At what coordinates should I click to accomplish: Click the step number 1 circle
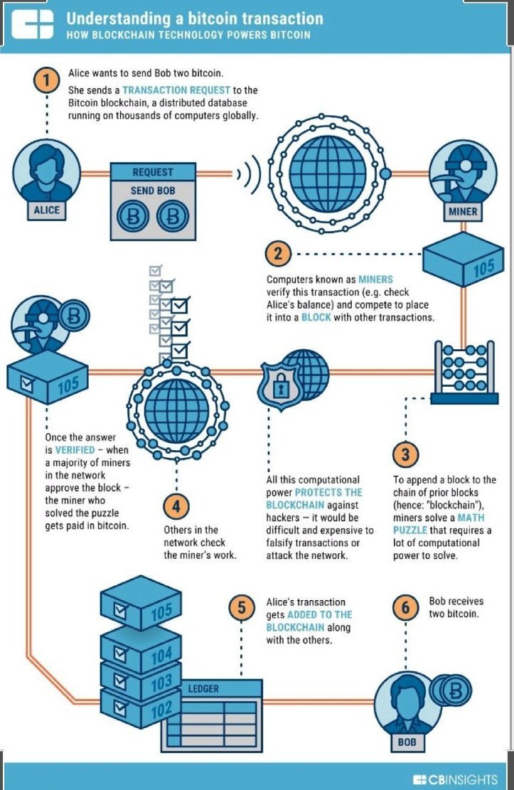(x=47, y=80)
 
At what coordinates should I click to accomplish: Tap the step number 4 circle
(x=176, y=506)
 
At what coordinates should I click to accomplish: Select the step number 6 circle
(x=406, y=608)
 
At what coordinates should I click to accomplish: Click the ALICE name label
(x=46, y=210)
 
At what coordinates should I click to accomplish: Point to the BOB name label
(x=407, y=742)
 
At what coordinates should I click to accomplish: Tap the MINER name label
(x=463, y=211)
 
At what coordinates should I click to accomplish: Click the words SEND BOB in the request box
(x=153, y=191)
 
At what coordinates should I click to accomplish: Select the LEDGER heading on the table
(x=203, y=689)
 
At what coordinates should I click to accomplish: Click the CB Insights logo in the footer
(x=454, y=779)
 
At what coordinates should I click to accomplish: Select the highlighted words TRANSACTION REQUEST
(x=176, y=90)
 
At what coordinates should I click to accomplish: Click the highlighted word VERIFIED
(x=75, y=450)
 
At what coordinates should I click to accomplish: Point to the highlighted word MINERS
(x=375, y=279)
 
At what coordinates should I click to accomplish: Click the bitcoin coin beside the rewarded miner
(x=74, y=316)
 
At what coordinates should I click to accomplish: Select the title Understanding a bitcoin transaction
(x=195, y=18)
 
